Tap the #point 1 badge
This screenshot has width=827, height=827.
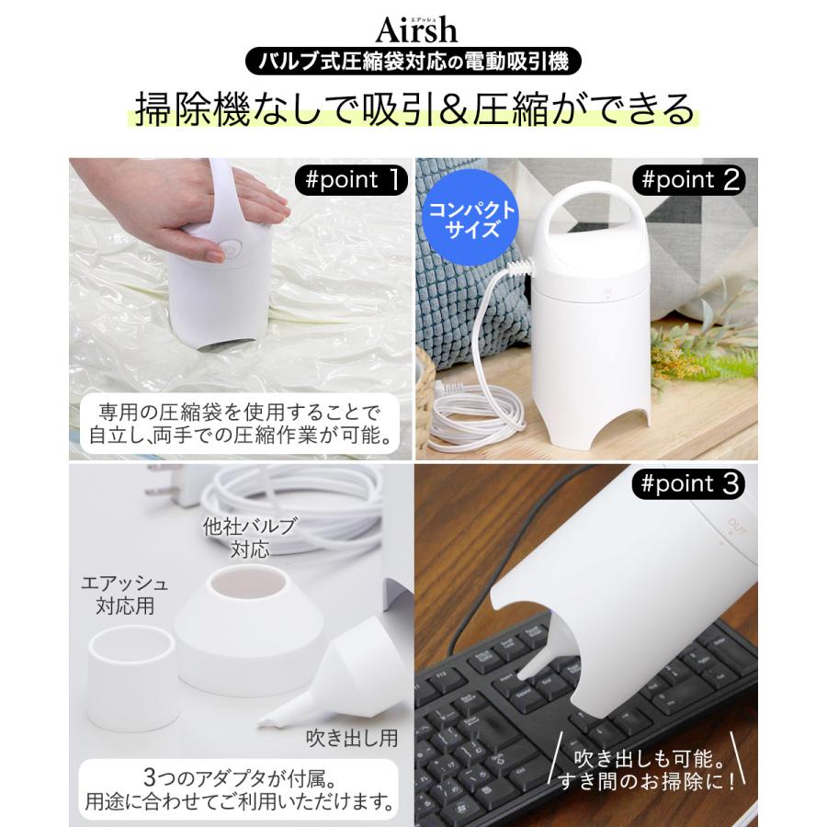[353, 180]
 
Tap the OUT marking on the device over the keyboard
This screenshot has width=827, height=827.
[732, 527]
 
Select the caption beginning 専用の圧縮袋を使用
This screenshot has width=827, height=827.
[241, 421]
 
